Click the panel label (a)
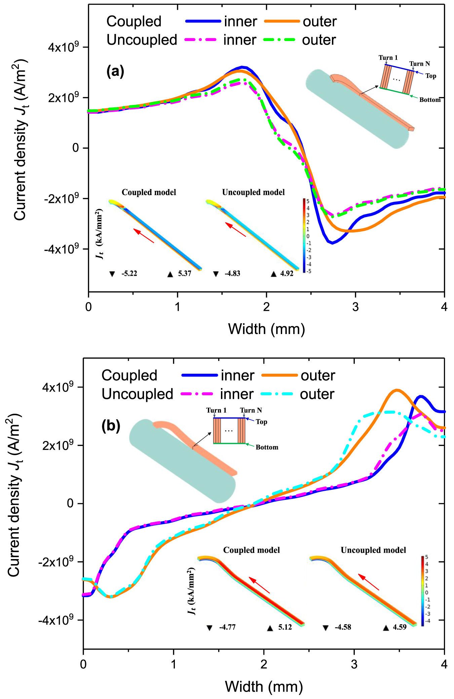coord(115,71)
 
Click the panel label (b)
coord(111,426)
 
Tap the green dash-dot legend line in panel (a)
coord(279,40)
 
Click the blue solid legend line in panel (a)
coord(203,21)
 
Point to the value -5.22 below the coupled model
coord(129,273)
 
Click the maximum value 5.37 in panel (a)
coord(184,273)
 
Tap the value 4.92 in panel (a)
coord(287,273)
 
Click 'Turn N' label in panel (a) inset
coord(419,64)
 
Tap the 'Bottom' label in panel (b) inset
coord(267,447)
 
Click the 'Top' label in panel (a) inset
coord(430,76)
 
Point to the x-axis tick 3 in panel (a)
coord(355,307)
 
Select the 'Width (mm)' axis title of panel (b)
coord(264,686)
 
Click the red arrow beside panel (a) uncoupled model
coord(235,229)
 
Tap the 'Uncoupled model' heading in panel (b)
coord(373,550)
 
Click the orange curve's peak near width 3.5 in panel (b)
coord(397,390)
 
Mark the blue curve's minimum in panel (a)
coord(332,243)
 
